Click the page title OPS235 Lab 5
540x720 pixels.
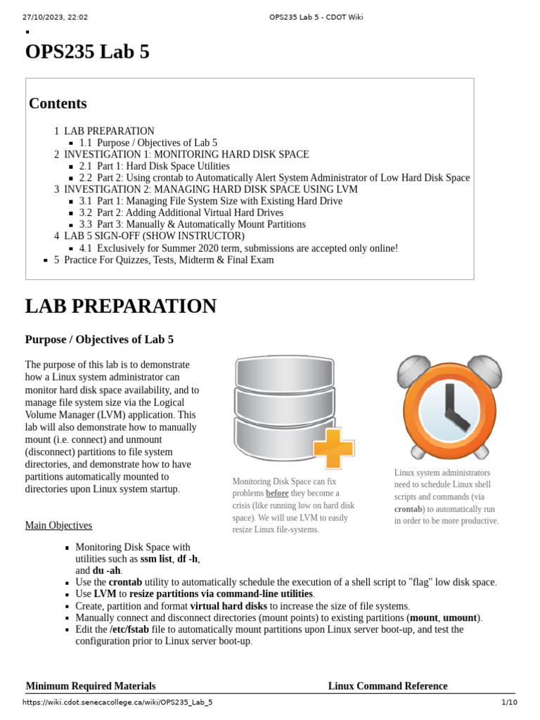(87, 53)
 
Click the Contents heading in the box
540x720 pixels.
(58, 103)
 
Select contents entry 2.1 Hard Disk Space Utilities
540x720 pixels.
(155, 166)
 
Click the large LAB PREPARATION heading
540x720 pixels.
(121, 307)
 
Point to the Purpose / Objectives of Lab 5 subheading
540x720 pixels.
(99, 340)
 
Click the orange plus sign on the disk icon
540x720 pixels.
(333, 447)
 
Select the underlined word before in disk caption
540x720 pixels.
(277, 494)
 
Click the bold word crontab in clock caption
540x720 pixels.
(409, 509)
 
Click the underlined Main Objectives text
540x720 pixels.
(58, 525)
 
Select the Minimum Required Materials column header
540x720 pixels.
(91, 686)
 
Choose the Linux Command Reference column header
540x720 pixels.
(387, 686)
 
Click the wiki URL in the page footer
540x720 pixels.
(117, 702)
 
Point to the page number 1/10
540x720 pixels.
(509, 702)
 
